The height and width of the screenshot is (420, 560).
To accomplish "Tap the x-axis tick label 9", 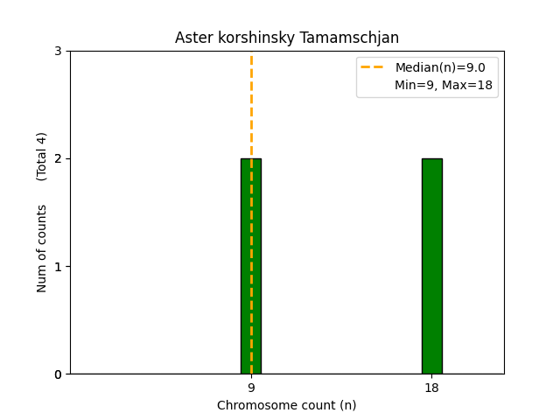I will pyautogui.click(x=251, y=388).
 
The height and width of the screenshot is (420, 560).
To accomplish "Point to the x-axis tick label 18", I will pyautogui.click(x=431, y=388).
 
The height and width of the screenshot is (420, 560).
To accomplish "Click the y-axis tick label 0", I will pyautogui.click(x=59, y=374).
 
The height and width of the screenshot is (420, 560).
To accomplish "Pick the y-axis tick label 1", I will pyautogui.click(x=59, y=267).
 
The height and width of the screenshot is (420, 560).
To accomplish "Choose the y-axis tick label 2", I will pyautogui.click(x=59, y=158).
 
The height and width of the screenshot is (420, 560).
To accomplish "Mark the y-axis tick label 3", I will pyautogui.click(x=59, y=51).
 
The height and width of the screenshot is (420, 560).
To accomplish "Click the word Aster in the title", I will pyautogui.click(x=192, y=38).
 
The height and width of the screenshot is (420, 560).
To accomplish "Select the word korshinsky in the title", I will pyautogui.click(x=250, y=38).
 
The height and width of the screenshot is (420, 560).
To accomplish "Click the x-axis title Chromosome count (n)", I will pyautogui.click(x=286, y=405).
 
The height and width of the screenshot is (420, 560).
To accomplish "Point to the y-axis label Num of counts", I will pyautogui.click(x=42, y=248).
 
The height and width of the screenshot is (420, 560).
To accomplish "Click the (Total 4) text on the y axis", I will pyautogui.click(x=42, y=156).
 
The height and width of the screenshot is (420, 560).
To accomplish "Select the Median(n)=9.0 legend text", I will pyautogui.click(x=440, y=67).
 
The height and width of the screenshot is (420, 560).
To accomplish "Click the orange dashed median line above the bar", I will pyautogui.click(x=251, y=105).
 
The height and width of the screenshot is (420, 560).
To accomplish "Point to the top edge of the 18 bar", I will pyautogui.click(x=431, y=158).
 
